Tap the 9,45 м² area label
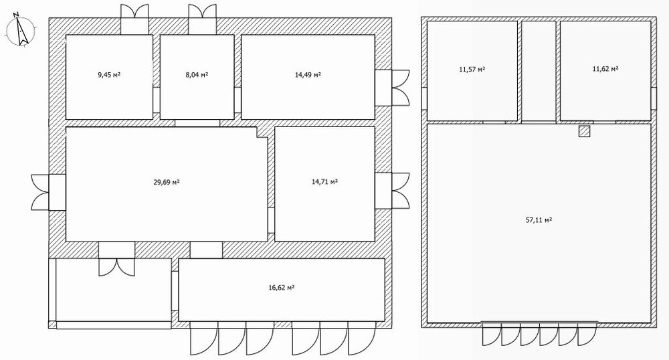(109, 75)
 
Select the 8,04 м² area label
(197, 75)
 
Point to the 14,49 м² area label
(308, 75)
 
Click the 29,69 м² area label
(167, 182)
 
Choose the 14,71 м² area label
(324, 182)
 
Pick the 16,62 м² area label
(282, 288)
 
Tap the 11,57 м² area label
(472, 69)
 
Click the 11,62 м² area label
(605, 68)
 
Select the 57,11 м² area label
(539, 220)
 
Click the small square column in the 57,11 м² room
(584, 131)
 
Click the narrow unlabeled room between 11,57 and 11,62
(539, 71)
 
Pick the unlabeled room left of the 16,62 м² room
(114, 290)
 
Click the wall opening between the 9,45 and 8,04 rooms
(156, 100)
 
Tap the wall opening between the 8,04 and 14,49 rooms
(237, 100)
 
